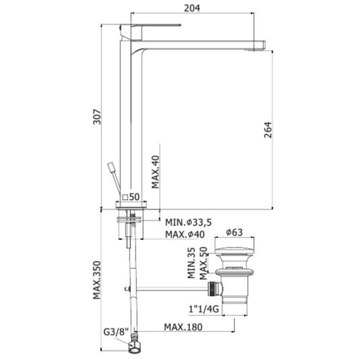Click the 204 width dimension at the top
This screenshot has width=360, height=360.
192,8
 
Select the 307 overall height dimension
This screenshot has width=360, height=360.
97,117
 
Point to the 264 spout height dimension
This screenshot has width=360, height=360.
268,130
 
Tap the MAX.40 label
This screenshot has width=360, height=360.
155,172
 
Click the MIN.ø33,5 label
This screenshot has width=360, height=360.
188,222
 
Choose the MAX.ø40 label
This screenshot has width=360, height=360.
185,235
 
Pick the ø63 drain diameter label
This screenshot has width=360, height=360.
234,232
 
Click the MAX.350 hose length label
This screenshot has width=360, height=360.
97,280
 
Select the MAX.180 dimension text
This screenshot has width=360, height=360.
183,327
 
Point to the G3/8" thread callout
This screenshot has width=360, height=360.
116,332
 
